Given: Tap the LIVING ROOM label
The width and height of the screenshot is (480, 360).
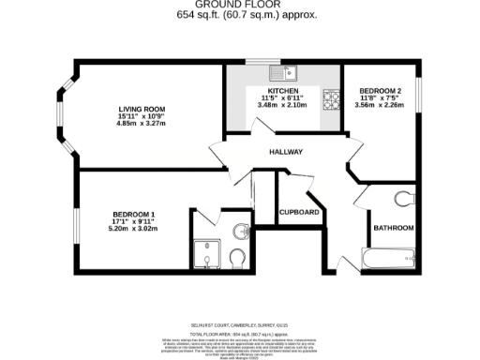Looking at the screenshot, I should pyautogui.click(x=127, y=109).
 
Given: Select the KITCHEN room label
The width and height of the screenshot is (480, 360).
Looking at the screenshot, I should pyautogui.click(x=284, y=91).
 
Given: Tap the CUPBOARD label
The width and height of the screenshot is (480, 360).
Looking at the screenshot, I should pyautogui.click(x=300, y=212).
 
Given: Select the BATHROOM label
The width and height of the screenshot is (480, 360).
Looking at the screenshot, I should pyautogui.click(x=394, y=227).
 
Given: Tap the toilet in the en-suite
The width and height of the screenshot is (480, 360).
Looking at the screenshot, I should pyautogui.click(x=237, y=256).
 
